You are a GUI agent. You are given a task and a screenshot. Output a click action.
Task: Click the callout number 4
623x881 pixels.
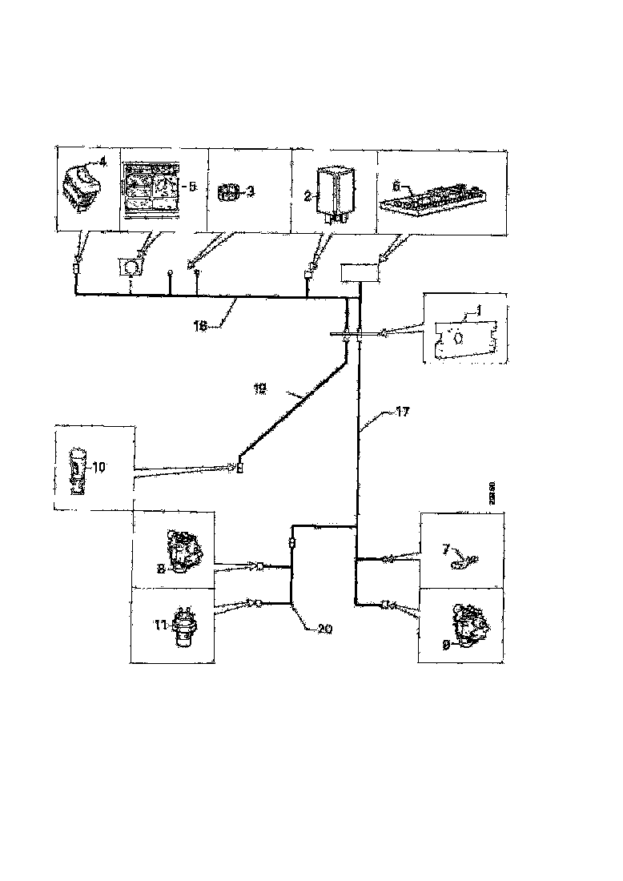[x=102, y=163]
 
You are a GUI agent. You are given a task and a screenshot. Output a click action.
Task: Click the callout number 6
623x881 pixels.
[x=396, y=184]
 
